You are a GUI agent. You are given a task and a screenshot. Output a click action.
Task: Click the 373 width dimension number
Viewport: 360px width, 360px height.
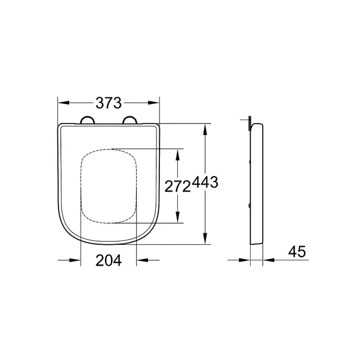pos(109,102)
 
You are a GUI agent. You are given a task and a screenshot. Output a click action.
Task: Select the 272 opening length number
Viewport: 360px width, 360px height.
pos(177,186)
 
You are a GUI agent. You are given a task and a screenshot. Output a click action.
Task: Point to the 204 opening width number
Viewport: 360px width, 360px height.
pos(109,260)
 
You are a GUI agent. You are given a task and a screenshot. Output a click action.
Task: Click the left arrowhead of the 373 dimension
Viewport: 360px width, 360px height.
pos(63,102)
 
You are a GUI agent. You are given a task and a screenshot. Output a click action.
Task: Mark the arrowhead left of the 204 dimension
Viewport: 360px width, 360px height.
pos(75,260)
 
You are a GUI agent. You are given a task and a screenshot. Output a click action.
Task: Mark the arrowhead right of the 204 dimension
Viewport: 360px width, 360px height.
pos(142,260)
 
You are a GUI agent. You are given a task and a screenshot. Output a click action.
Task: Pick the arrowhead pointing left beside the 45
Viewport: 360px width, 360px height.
pos(269,260)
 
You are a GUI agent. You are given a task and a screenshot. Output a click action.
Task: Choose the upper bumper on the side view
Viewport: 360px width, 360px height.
pos(250,162)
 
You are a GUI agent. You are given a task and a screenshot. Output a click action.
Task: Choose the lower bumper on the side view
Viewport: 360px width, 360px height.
pos(250,207)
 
